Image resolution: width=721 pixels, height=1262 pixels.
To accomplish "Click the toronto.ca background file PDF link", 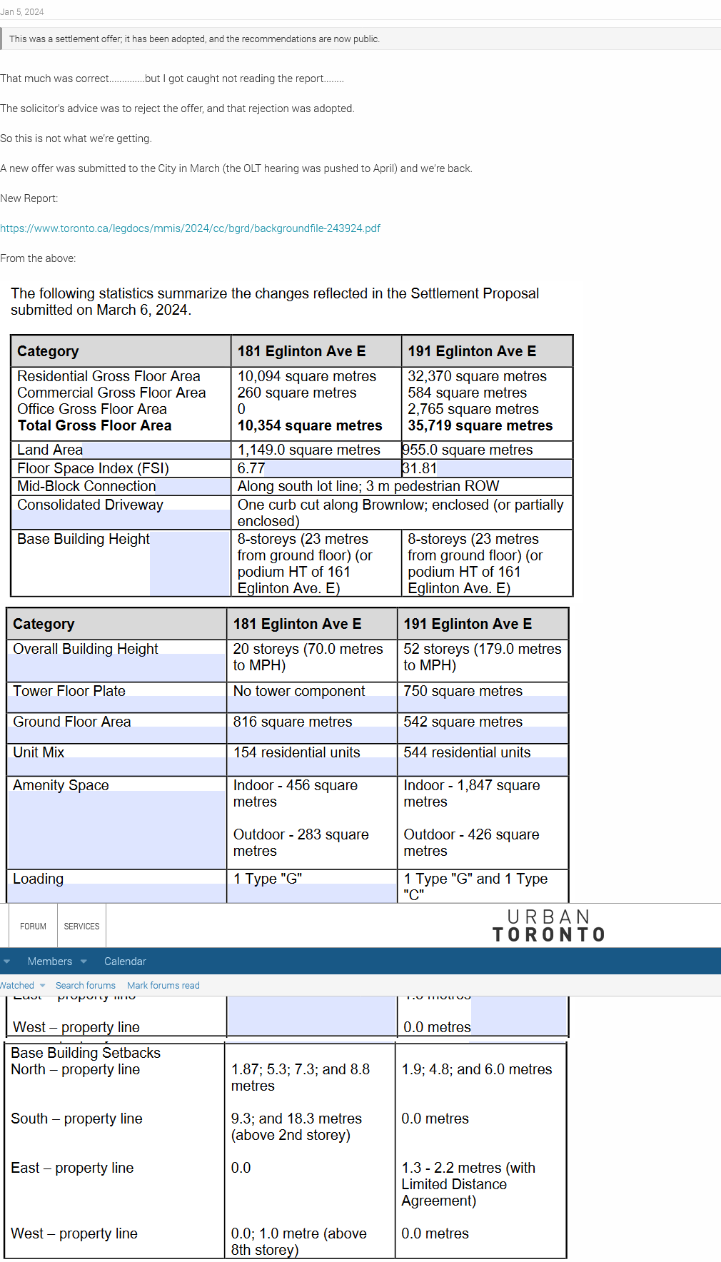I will [190, 228].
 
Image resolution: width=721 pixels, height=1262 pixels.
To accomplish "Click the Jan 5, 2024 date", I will [22, 12].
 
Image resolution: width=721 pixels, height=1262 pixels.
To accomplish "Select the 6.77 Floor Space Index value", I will [251, 468].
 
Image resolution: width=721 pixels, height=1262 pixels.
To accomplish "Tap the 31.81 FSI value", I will [420, 468].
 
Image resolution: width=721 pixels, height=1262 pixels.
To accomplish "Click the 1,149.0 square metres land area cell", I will [308, 450].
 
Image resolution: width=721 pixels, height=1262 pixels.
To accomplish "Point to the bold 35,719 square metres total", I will [480, 425].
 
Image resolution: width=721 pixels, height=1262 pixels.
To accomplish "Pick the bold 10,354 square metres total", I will [310, 425].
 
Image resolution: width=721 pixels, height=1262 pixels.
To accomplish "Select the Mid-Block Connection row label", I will [86, 486].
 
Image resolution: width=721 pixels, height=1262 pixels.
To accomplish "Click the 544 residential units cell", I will [467, 752].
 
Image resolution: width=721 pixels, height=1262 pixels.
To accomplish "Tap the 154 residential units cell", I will [296, 752].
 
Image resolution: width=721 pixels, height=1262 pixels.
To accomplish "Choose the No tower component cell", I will [298, 691].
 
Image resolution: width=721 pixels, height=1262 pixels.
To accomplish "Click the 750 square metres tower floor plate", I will [463, 691].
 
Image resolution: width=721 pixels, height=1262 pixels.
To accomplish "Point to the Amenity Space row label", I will [61, 785].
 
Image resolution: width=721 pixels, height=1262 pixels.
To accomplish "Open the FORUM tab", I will [33, 927].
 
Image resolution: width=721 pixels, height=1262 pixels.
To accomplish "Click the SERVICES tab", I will [81, 927].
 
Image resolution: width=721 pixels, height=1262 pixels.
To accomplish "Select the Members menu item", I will [50, 961].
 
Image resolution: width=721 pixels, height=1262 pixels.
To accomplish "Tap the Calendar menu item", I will [125, 961].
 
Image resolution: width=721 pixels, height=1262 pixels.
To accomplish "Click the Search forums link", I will [85, 986].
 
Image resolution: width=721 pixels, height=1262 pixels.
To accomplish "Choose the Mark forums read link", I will [163, 986].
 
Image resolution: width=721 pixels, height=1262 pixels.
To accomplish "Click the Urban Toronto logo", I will [548, 926].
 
